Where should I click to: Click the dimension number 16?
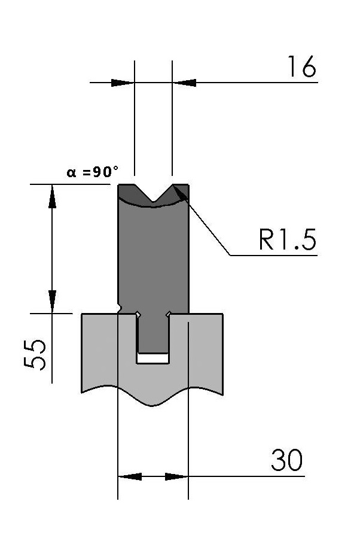click(302, 66)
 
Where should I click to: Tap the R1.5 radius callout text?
click(288, 239)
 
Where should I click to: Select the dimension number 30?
click(287, 460)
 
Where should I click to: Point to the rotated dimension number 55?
click(35, 354)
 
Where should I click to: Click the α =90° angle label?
click(92, 172)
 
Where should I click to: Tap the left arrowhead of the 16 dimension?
click(123, 83)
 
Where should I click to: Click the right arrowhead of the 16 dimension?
click(184, 83)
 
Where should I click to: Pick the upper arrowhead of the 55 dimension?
click(52, 196)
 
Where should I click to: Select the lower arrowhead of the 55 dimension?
click(52, 302)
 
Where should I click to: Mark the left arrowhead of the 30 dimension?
click(130, 476)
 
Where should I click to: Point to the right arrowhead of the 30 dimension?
click(176, 476)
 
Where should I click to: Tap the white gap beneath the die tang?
click(152, 358)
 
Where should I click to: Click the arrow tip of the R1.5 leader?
click(173, 186)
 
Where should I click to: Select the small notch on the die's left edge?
click(120, 308)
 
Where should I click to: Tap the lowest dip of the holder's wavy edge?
click(152, 405)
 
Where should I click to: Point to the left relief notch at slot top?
click(138, 314)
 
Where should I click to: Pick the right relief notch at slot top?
click(168, 314)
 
